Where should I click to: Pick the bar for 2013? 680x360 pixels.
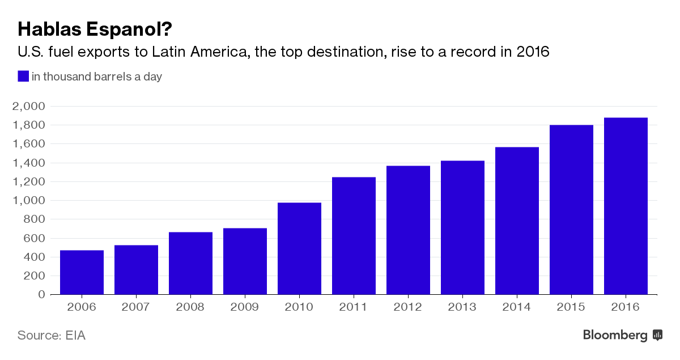pos(462,227)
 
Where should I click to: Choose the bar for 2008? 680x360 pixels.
pos(190,263)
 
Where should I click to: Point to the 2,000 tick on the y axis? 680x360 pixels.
pos(28,107)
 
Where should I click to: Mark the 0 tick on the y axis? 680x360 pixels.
pos(41,295)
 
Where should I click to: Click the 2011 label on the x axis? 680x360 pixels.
pos(354,307)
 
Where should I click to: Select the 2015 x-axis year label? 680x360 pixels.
pos(571,307)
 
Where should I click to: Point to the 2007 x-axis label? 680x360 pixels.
pos(136,307)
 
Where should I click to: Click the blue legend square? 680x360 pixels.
pos(23,77)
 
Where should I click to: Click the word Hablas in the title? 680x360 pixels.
pos(48,29)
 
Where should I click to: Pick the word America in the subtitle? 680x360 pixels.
pos(216,53)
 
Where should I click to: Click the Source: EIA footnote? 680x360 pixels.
pos(51,335)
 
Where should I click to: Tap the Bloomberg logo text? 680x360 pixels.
pos(615,335)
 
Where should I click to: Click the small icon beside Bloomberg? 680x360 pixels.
pos(657,335)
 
